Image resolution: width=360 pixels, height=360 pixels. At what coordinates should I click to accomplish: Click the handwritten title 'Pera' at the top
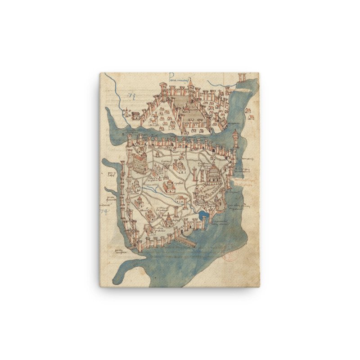coord(179,76)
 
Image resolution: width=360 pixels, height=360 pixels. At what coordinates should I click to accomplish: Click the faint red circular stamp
coord(230,256)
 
